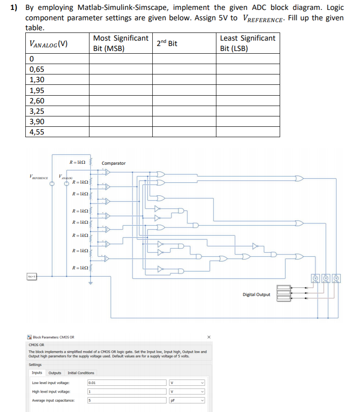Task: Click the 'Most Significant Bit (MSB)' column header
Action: pos(121,43)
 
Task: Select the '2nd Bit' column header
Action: pos(167,43)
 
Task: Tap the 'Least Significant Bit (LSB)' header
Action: pos(247,43)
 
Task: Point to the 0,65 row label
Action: pos(37,69)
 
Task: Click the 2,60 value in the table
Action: pos(37,101)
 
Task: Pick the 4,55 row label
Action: pos(37,132)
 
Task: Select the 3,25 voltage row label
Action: pos(37,111)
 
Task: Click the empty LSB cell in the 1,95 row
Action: pos(248,90)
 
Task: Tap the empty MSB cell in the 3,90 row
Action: pos(121,121)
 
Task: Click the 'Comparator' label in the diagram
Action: pos(114,163)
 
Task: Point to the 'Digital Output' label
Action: pos(256,295)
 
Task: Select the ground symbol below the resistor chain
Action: pos(90,283)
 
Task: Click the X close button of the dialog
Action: pos(209,337)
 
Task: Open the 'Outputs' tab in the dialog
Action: pos(55,373)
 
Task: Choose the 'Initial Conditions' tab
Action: pos(81,373)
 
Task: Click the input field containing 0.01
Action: pos(126,382)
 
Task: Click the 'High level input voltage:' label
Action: pos(51,391)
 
